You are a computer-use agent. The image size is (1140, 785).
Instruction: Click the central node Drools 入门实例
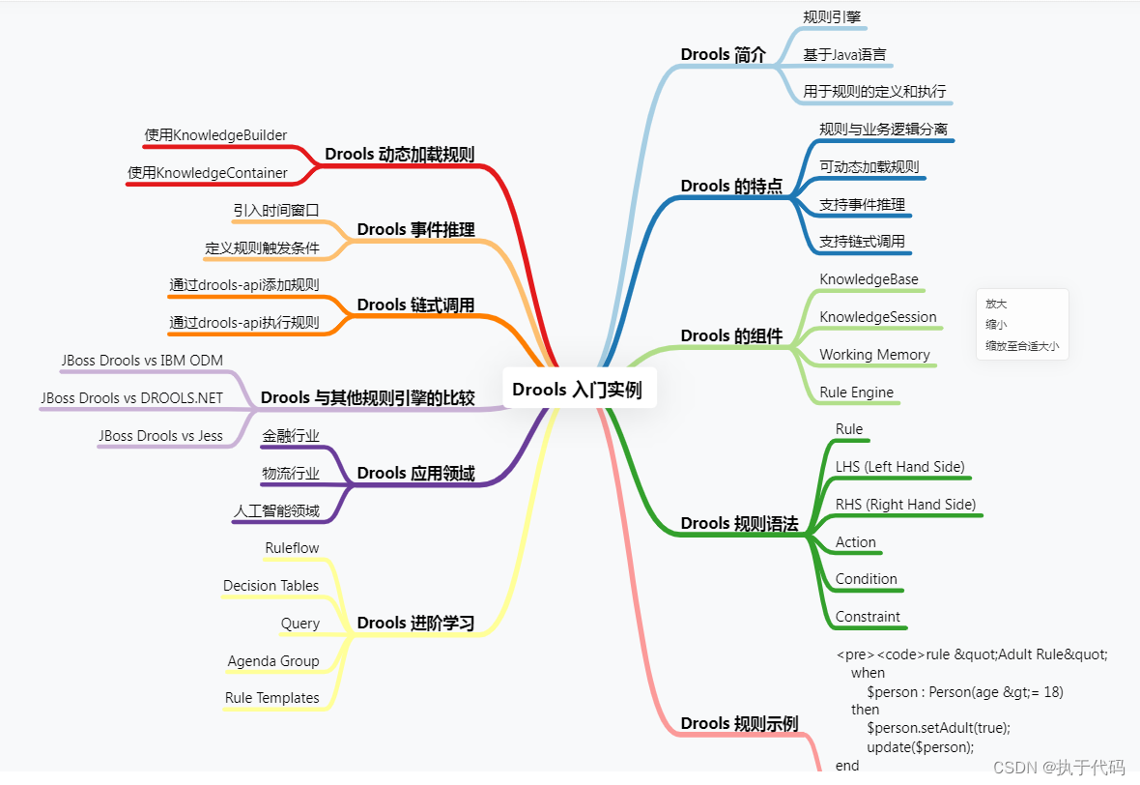[578, 390]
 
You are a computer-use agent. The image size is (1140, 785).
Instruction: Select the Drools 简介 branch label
[723, 55]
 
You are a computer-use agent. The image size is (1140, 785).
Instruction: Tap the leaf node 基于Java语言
[844, 54]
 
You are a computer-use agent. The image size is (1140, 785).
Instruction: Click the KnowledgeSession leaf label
[877, 317]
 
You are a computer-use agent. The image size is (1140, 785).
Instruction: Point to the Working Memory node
[874, 355]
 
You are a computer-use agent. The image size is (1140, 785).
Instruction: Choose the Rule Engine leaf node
[856, 392]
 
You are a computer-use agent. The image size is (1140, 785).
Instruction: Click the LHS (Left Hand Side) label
[899, 467]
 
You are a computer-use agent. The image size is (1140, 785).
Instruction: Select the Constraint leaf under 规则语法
[868, 617]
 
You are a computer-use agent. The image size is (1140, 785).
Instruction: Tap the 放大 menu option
[996, 304]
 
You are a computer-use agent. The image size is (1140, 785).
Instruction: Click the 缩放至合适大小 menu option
[1022, 345]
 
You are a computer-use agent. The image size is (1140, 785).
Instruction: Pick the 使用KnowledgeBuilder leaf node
[215, 135]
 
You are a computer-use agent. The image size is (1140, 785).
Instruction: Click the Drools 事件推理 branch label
[415, 229]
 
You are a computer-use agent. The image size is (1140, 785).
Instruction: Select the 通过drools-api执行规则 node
[244, 322]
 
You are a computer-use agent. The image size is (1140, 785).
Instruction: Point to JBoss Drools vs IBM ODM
[141, 361]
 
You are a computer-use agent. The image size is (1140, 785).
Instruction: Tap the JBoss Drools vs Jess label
[160, 436]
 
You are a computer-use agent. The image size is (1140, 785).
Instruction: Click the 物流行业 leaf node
[291, 474]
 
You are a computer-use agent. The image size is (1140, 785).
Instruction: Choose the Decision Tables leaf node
[271, 586]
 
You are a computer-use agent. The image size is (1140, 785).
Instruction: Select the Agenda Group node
[273, 661]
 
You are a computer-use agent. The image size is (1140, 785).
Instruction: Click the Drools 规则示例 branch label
[739, 723]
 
